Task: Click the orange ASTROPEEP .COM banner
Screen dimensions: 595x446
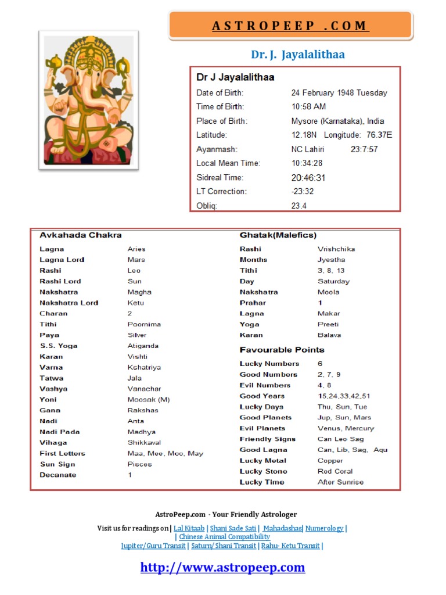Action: point(290,26)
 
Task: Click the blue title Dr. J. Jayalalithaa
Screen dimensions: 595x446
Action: point(297,55)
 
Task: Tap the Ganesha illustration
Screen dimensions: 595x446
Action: point(88,100)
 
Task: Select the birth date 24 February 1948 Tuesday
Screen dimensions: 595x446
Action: point(339,93)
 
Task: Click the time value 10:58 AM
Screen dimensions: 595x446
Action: point(308,107)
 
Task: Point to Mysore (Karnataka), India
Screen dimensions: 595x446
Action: point(337,121)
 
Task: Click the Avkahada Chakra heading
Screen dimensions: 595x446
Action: point(80,235)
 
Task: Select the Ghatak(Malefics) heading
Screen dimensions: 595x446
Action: point(278,235)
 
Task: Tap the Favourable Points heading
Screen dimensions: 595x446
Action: point(282,350)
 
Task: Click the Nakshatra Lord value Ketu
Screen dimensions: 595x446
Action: point(136,303)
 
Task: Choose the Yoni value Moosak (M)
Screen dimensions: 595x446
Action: point(149,400)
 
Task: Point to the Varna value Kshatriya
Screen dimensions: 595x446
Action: point(144,367)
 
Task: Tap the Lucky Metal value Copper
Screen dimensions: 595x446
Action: point(330,461)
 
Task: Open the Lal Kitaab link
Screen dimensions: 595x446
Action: point(189,528)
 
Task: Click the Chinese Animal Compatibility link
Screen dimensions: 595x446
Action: point(224,537)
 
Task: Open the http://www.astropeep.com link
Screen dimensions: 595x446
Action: point(222,568)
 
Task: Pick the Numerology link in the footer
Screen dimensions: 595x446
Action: point(324,528)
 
